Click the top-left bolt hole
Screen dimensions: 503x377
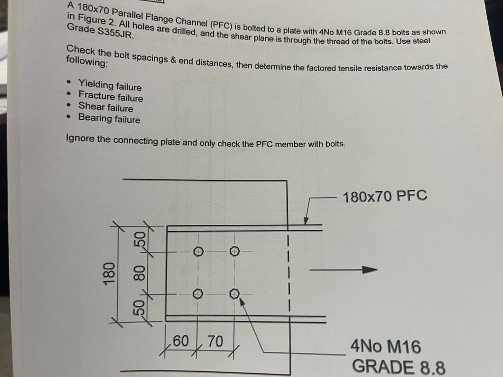tap(198, 251)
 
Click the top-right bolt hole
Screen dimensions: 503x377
tap(234, 251)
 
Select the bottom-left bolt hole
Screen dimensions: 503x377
tap(197, 294)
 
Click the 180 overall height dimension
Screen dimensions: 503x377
tap(109, 272)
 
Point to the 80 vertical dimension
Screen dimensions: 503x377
tap(140, 273)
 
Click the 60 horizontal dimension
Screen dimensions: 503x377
tap(181, 341)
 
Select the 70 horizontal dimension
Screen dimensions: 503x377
tap(215, 341)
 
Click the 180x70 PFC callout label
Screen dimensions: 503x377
tap(385, 196)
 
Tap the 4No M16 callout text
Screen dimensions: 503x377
tap(385, 347)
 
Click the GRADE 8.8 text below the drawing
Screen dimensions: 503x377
tap(398, 367)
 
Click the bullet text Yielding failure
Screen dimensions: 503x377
tap(110, 86)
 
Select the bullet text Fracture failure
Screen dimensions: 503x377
tap(111, 97)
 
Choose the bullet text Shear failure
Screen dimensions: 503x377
tap(106, 108)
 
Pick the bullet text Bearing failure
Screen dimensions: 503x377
tap(109, 119)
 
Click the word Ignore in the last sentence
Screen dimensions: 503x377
tap(80, 139)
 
